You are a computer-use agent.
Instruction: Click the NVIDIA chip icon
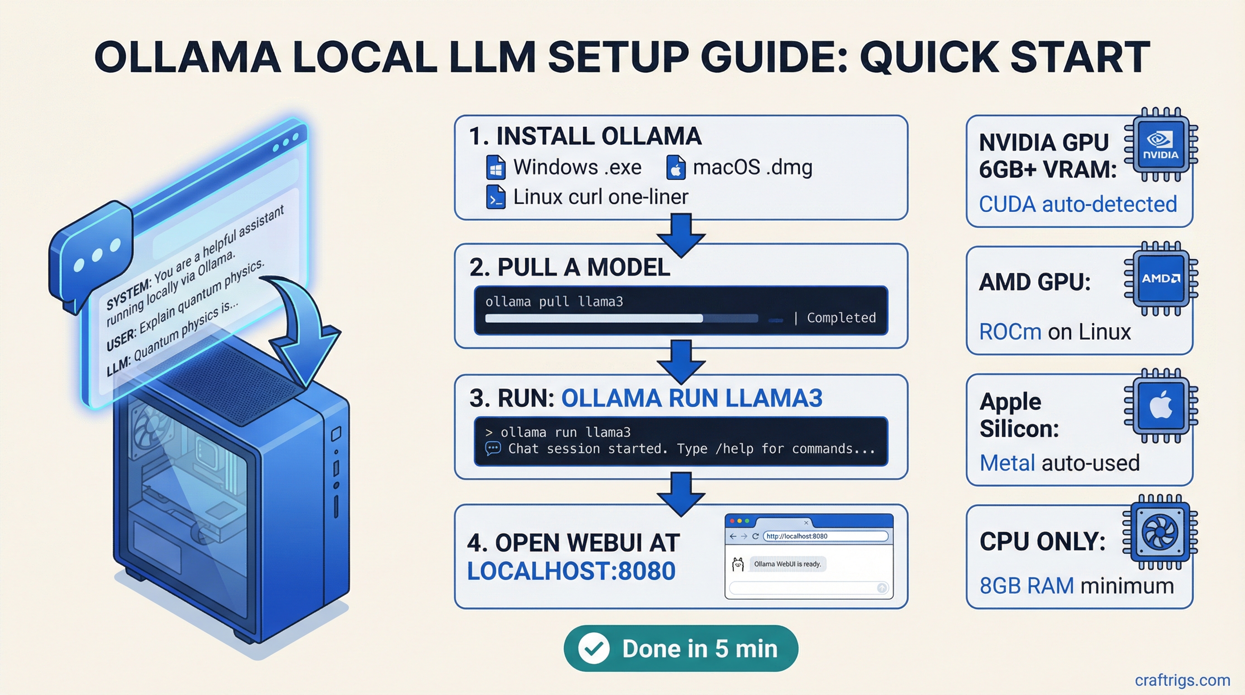pos(1160,144)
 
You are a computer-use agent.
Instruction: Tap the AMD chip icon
pos(1160,279)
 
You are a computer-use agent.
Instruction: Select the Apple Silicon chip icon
pos(1160,405)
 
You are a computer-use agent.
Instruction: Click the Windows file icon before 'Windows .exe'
pos(496,168)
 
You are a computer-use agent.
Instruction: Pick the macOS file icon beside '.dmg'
pos(676,168)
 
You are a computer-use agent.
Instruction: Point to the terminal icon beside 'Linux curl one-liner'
pos(496,197)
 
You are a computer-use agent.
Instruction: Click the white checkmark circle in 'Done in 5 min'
pos(594,648)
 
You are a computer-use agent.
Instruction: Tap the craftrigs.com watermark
pos(1182,680)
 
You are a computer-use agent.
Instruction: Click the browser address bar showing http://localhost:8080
pos(825,536)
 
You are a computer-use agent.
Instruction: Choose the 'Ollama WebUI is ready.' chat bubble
pos(787,564)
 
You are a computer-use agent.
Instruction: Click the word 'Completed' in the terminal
pos(841,318)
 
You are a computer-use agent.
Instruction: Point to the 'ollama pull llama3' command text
pos(554,302)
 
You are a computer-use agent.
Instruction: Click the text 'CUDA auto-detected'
pos(1078,204)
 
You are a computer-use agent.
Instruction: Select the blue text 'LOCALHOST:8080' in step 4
pos(571,571)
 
